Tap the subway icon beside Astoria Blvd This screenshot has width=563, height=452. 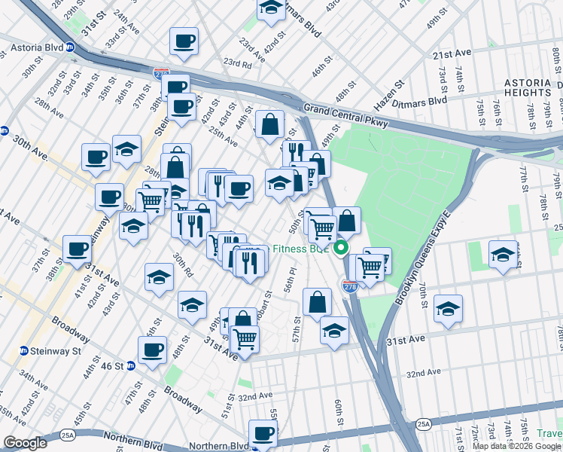pyautogui.click(x=71, y=47)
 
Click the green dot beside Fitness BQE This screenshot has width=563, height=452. pyautogui.click(x=341, y=248)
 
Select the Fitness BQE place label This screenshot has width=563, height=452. pyautogui.click(x=301, y=249)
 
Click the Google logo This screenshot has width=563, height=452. pyautogui.click(x=25, y=443)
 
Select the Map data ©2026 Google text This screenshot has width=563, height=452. pyautogui.click(x=516, y=446)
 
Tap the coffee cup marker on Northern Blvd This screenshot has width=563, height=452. pyautogui.click(x=263, y=434)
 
